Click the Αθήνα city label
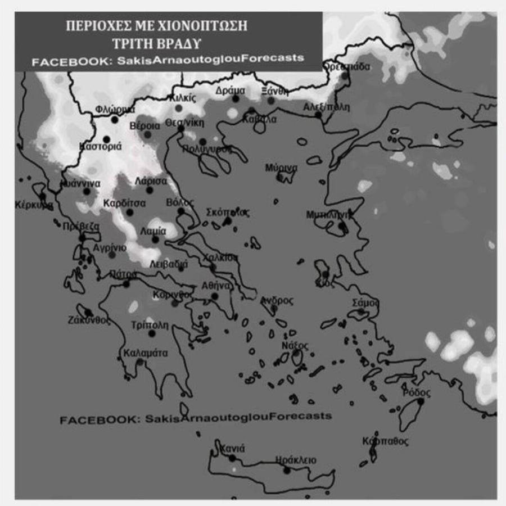tap(216, 286)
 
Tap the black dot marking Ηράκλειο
tap(287, 471)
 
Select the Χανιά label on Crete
tap(232, 449)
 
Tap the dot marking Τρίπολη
tap(152, 333)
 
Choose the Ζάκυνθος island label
tap(89, 320)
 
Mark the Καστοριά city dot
tap(106, 139)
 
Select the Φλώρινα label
tap(115, 109)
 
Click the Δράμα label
tap(231, 91)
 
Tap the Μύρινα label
tap(282, 168)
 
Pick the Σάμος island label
tap(365, 303)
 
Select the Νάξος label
tap(295, 345)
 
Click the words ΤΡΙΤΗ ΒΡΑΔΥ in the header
tap(168, 42)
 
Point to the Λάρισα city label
tap(151, 181)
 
